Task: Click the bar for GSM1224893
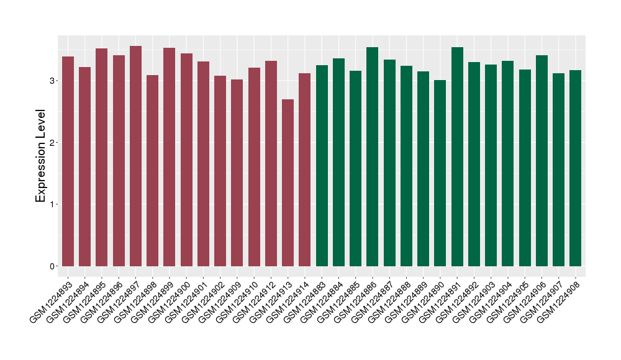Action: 68,161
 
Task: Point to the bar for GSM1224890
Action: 440,173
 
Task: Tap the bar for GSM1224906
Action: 542,161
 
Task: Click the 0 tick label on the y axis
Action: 52,266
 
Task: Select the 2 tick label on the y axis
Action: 52,143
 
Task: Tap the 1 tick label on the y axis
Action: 52,204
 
